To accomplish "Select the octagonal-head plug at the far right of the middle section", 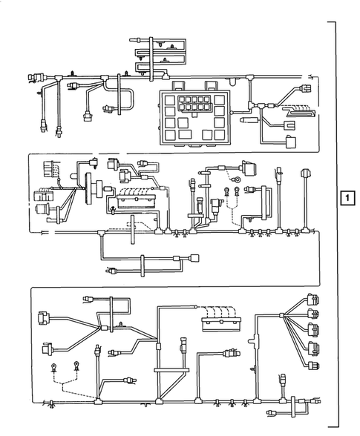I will [304, 173].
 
